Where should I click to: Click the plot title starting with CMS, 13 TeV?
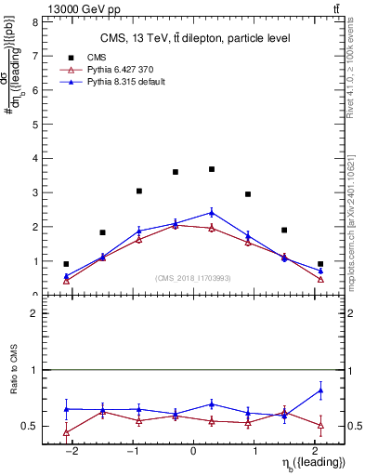pyautogui.click(x=195, y=38)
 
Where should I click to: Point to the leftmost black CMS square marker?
pyautogui.click(x=66, y=264)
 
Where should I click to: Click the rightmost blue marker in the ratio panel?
pyautogui.click(x=320, y=390)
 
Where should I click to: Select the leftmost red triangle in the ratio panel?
pyautogui.click(x=66, y=432)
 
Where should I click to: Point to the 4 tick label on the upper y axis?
pyautogui.click(x=34, y=158)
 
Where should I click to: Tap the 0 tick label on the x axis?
pyautogui.click(x=193, y=452)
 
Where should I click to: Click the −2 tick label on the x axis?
pyautogui.click(x=70, y=452)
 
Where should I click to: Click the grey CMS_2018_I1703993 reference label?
pyautogui.click(x=192, y=279)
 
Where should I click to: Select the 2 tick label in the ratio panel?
pyautogui.click(x=34, y=313)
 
